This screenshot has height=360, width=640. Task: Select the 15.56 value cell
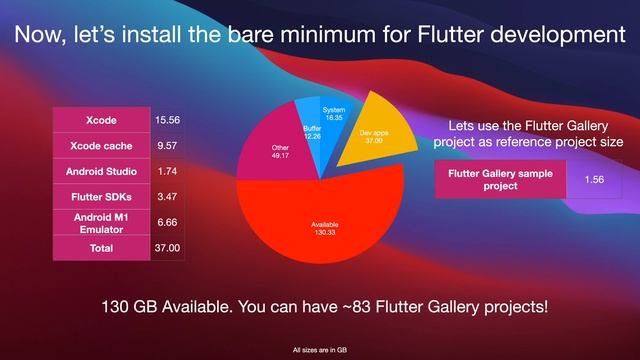(x=166, y=120)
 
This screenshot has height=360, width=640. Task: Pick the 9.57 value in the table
(x=166, y=146)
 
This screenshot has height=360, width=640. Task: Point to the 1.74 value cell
(x=166, y=171)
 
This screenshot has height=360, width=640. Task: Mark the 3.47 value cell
(x=166, y=196)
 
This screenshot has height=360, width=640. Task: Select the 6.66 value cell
(x=166, y=222)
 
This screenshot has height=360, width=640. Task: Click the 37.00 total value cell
(x=166, y=247)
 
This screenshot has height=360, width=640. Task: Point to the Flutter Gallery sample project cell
(x=493, y=179)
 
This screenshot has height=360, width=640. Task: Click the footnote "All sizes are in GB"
(x=319, y=350)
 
